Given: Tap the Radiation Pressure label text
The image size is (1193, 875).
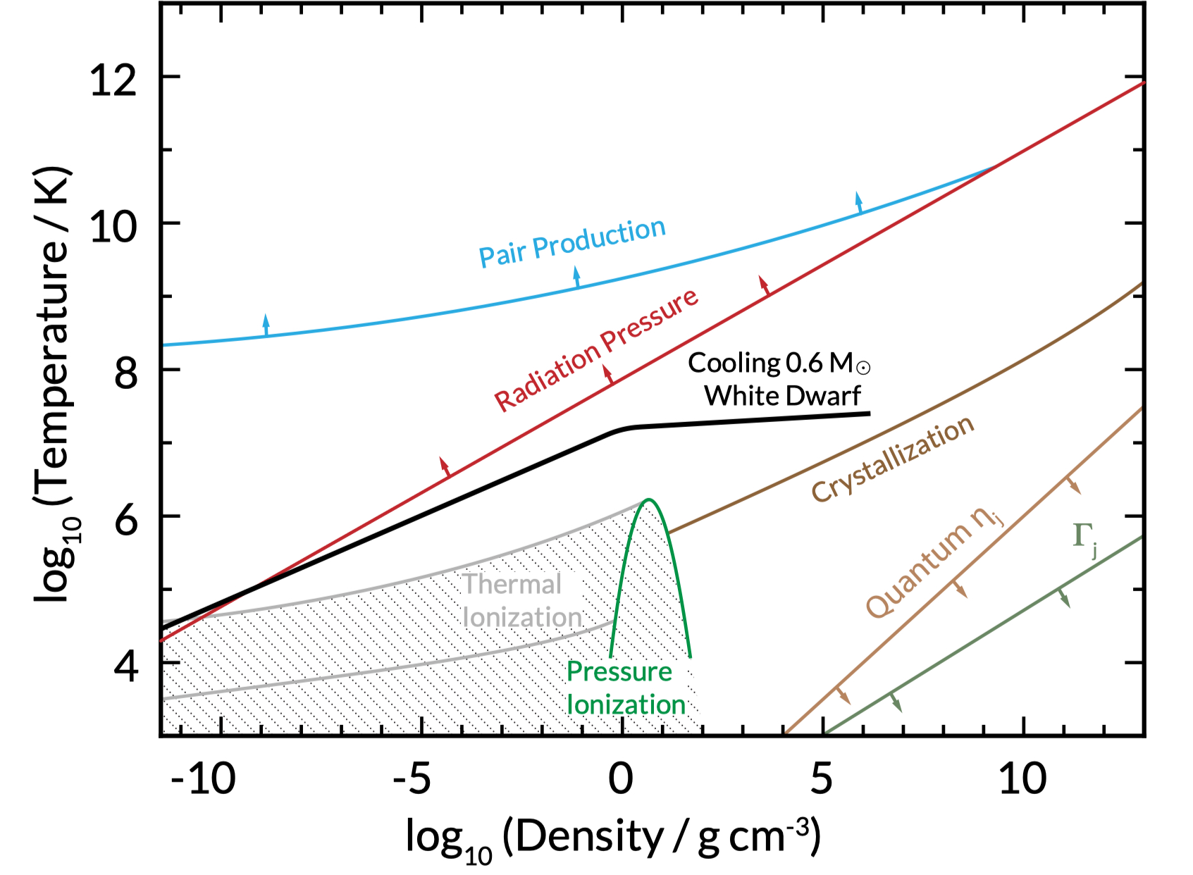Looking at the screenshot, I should (596, 349).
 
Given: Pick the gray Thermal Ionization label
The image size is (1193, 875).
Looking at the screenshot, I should (521, 601).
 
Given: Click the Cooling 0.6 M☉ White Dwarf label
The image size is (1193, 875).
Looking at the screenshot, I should (779, 379).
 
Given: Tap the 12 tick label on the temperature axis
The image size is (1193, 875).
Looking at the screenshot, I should (113, 79).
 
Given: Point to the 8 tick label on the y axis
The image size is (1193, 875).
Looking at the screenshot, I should (125, 371).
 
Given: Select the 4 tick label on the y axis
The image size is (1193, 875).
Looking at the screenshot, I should (125, 664).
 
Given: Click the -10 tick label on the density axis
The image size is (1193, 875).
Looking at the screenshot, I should (203, 779).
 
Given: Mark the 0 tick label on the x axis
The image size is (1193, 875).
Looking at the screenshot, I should (621, 779).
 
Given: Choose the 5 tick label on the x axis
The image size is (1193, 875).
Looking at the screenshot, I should (821, 779).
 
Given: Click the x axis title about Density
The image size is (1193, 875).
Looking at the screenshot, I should (613, 838).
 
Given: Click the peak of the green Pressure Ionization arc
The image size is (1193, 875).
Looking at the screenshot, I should (649, 500).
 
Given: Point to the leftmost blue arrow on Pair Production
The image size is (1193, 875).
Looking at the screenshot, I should (266, 325).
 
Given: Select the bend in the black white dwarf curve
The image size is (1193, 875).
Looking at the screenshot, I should (624, 428).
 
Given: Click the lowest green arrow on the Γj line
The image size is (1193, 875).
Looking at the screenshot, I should (895, 701).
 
